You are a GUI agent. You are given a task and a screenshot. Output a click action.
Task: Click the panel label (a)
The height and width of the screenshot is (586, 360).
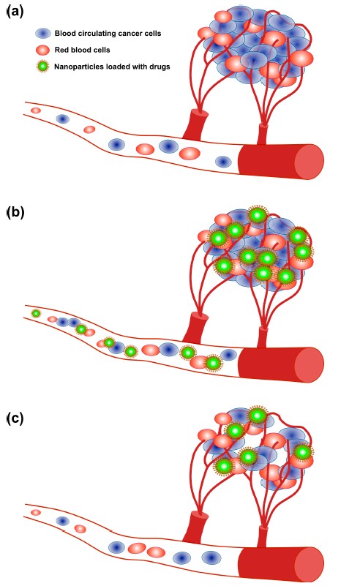(15, 12)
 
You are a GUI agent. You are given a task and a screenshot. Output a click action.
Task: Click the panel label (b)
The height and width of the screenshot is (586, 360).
(15, 212)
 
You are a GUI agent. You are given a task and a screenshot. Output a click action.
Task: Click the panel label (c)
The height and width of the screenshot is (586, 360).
(15, 418)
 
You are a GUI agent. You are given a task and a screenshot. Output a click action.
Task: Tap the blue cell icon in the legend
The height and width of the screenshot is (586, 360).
(43, 33)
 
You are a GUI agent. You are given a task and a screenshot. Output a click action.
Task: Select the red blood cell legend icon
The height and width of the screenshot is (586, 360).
(43, 50)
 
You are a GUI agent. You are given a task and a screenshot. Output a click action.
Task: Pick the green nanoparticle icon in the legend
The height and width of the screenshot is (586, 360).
(43, 67)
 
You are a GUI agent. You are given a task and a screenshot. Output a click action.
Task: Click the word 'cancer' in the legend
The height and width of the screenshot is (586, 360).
(134, 33)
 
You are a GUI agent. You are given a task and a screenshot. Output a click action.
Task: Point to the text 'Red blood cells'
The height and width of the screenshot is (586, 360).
(82, 50)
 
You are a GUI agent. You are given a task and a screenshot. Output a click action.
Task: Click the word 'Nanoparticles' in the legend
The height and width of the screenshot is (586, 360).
(76, 67)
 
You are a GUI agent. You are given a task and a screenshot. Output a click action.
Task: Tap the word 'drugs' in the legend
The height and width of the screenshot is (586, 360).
(160, 67)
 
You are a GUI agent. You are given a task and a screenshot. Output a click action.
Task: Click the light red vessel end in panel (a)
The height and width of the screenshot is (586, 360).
(310, 162)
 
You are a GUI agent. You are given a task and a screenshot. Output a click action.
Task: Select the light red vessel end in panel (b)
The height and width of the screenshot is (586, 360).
(310, 365)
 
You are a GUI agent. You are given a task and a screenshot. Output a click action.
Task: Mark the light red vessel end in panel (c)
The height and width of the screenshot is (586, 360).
(310, 564)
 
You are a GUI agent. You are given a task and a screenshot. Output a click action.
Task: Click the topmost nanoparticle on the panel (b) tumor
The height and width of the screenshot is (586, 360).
(258, 215)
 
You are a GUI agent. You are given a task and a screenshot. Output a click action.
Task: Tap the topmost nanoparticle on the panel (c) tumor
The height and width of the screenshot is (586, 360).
(258, 416)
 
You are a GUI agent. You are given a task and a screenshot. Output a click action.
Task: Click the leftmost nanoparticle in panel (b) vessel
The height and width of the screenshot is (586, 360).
(36, 314)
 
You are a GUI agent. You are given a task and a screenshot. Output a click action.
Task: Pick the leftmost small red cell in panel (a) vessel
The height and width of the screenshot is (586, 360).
(36, 110)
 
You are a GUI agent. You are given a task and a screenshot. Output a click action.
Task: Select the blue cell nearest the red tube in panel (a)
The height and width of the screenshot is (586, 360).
(224, 162)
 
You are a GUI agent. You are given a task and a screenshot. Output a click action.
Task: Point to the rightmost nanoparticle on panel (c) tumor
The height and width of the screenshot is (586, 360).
(303, 453)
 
